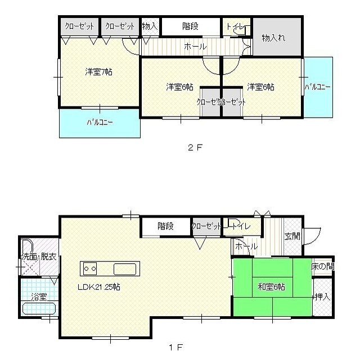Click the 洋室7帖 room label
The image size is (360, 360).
[98, 72]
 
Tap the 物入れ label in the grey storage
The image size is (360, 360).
[273, 38]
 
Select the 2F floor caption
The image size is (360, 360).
[195, 148]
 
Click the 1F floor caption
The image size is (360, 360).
[175, 347]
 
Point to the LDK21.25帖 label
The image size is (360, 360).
[98, 287]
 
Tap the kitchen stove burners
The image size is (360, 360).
[91, 268]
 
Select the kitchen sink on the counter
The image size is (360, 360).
[125, 269]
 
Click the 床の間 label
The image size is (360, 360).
[322, 267]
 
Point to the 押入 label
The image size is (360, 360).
[322, 296]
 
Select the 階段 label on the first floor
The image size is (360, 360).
[165, 226]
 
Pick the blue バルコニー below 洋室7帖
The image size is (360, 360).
[100, 122]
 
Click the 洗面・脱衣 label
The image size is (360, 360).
[38, 257]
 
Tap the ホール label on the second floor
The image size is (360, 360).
[195, 47]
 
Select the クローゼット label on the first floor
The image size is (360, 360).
[206, 226]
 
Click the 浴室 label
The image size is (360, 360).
[38, 296]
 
